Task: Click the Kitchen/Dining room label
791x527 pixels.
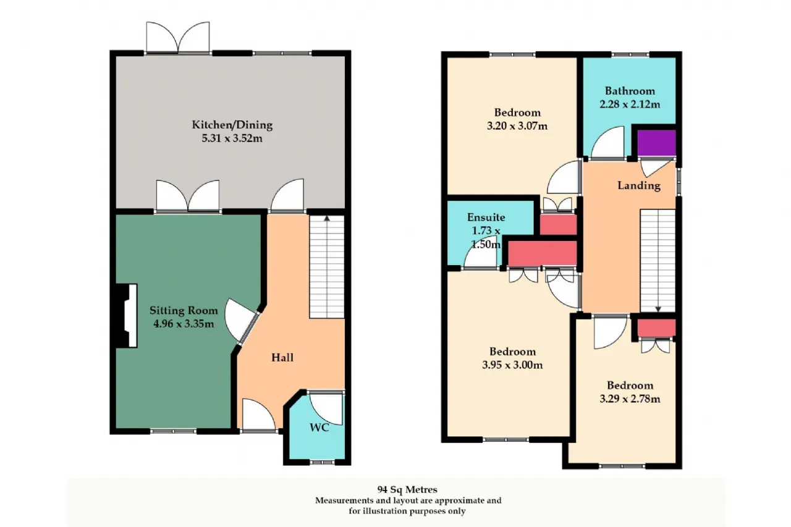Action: tap(232, 125)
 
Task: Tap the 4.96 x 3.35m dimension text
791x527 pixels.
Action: tap(184, 324)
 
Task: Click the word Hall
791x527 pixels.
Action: tap(282, 358)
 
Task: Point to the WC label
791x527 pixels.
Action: tap(319, 428)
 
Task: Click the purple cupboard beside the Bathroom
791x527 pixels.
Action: tap(656, 143)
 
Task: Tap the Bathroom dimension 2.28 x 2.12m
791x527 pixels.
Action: tap(630, 104)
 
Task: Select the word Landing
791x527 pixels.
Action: tap(639, 186)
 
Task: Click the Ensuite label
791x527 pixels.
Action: tap(486, 217)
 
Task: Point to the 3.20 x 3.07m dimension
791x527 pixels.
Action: tap(517, 126)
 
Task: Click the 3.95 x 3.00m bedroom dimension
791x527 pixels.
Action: tap(512, 365)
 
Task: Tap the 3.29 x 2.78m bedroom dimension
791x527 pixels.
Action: tap(630, 399)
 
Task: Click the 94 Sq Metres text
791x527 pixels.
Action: tap(407, 489)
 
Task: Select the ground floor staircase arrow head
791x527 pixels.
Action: tap(327, 219)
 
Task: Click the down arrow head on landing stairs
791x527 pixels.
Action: tap(658, 309)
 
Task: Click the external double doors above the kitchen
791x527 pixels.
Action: tap(178, 38)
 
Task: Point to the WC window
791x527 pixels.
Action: tap(322, 462)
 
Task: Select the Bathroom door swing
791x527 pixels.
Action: tap(607, 142)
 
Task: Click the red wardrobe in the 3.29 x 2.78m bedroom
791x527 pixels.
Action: tap(656, 328)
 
